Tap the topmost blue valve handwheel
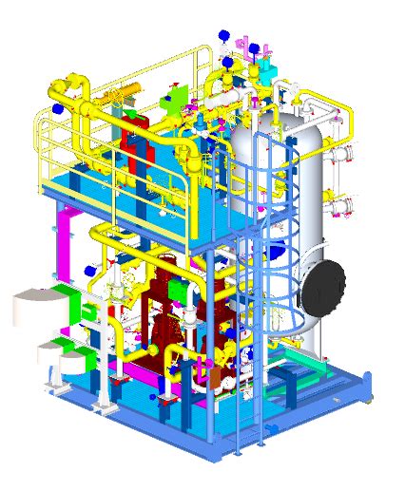point(223,35)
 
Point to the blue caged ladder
point(261,285)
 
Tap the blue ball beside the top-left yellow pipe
point(57,110)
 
